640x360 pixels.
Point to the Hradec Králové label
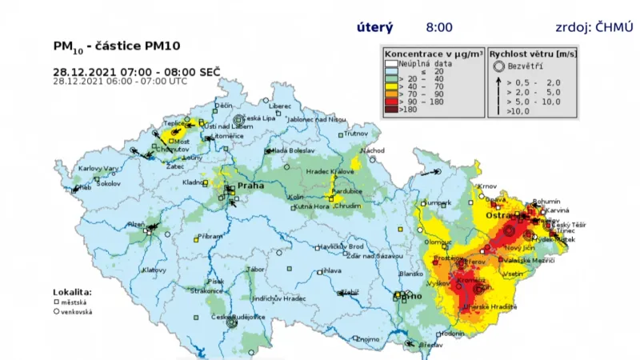click(326, 171)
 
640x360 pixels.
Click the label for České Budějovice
click(238, 317)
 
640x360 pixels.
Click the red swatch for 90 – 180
click(390, 102)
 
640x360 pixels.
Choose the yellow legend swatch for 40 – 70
click(390, 86)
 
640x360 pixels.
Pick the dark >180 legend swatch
click(390, 110)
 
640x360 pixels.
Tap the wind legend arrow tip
click(498, 78)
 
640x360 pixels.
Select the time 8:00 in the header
click(438, 27)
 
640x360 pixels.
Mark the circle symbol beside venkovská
click(57, 312)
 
